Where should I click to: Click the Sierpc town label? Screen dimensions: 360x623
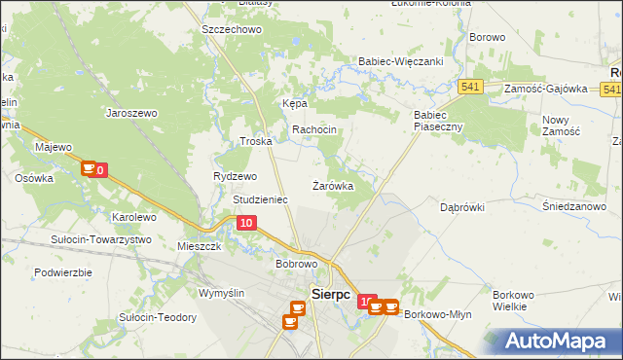tap(330, 293)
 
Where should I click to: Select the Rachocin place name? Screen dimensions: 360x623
tap(314, 129)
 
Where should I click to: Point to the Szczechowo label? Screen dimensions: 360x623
tap(232, 30)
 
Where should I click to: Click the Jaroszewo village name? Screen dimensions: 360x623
tap(131, 112)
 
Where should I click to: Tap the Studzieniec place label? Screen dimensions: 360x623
tap(260, 199)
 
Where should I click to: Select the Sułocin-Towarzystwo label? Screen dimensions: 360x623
tap(102, 239)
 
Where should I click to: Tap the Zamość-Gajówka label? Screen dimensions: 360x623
tap(545, 89)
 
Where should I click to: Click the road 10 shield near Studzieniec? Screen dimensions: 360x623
tap(246, 224)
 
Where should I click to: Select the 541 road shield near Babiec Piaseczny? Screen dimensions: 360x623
tap(471, 87)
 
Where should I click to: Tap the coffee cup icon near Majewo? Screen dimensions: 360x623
tap(88, 169)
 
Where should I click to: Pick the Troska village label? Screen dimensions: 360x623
tap(256, 141)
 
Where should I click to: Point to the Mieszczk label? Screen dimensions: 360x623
tap(201, 247)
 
